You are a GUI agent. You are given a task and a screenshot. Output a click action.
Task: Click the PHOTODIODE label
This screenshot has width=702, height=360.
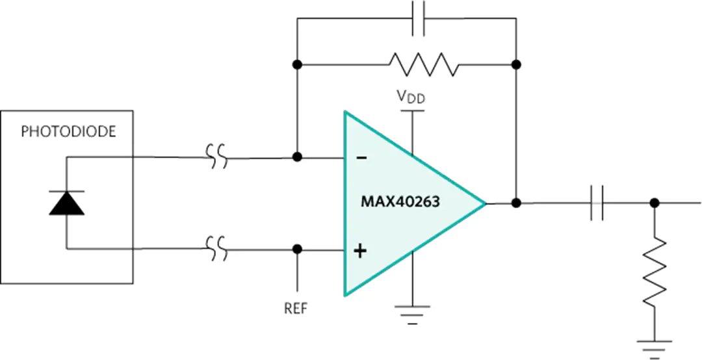click(68, 132)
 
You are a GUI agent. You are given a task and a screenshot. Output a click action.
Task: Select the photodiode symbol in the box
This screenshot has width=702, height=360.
click(67, 203)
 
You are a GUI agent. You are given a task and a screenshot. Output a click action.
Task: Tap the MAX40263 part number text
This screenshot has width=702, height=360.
click(400, 202)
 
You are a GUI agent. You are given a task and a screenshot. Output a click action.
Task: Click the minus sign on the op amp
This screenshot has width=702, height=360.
click(361, 158)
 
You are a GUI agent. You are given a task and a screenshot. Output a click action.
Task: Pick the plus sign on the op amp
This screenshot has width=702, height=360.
click(360, 251)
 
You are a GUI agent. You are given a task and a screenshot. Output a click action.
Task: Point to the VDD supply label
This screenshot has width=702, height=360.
click(411, 96)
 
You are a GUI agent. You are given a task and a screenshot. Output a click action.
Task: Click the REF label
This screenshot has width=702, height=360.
click(296, 309)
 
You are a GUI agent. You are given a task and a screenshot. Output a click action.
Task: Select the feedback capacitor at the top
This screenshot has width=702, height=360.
click(418, 18)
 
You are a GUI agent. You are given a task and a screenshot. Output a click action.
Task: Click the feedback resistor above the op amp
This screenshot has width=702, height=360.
click(424, 64)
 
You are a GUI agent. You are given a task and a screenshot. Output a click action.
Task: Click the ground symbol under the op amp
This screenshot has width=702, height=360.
click(412, 314)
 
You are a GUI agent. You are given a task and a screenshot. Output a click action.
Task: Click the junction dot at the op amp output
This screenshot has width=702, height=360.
click(516, 203)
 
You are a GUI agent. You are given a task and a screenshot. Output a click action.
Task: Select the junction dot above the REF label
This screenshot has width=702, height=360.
click(296, 249)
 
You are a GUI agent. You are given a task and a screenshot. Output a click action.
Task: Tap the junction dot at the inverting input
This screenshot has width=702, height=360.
click(296, 157)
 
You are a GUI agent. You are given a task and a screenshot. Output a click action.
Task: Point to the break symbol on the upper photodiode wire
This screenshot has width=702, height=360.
click(216, 157)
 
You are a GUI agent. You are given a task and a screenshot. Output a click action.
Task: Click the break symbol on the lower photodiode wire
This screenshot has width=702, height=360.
click(216, 249)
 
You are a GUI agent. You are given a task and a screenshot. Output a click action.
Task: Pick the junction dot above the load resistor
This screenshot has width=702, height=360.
click(655, 203)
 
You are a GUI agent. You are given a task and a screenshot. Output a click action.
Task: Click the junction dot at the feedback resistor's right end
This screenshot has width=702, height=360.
click(516, 64)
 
